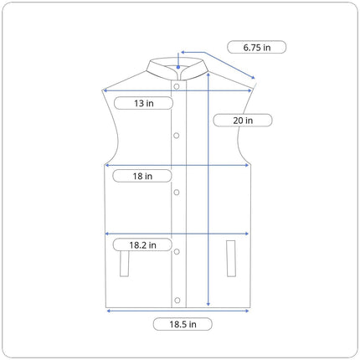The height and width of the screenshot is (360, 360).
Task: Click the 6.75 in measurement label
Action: click(257, 47)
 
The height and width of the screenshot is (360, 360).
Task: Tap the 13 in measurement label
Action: click(144, 103)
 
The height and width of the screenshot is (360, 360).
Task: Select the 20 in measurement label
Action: click(243, 121)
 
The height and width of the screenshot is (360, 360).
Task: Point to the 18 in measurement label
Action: click(142, 176)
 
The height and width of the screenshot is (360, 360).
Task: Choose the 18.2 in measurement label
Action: click(142, 245)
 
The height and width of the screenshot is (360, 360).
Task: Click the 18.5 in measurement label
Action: click(183, 324)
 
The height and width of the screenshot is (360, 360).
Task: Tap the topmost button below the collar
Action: click(177, 86)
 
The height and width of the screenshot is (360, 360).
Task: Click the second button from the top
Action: click(177, 136)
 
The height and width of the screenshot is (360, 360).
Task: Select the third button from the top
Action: click(177, 193)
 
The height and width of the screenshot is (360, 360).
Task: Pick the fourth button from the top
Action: click(177, 252)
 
